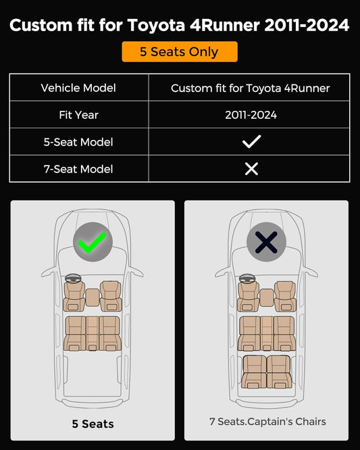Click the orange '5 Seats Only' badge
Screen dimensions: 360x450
180,51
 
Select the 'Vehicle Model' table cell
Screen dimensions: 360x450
78,88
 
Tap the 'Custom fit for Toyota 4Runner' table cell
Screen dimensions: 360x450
250,88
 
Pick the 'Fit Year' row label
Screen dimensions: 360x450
78,115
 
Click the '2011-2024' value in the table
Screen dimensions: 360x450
251,115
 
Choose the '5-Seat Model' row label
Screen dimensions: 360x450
78,142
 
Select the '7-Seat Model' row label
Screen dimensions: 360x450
78,169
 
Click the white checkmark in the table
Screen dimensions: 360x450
251,141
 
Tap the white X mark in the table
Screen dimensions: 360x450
251,169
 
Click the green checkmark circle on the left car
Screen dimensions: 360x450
93,242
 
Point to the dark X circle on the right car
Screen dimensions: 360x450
267,242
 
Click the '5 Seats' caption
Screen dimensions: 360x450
93,424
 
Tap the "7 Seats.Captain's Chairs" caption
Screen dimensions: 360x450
267,422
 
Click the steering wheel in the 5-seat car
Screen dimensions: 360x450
73,278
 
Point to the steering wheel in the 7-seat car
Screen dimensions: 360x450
247,278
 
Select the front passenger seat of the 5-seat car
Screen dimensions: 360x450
111,296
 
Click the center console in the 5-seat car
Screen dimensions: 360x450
93,297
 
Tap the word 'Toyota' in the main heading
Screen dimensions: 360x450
156,25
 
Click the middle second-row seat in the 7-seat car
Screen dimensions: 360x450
267,334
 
